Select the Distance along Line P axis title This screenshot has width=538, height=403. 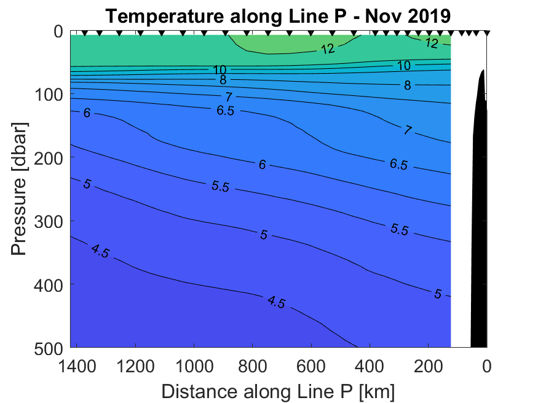coord(278,390)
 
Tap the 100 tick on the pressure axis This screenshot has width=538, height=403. coord(48,95)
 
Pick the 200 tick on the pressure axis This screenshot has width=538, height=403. coord(48,158)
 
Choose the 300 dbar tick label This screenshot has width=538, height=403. coord(48,221)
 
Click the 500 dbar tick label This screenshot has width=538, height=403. coord(48,347)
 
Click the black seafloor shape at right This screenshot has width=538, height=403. coord(479,215)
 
